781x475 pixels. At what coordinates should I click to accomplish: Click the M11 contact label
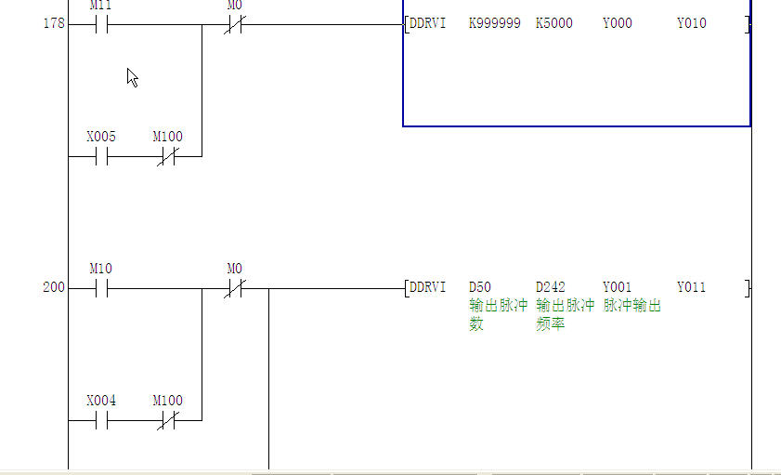[x=100, y=6]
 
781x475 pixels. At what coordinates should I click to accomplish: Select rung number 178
[x=54, y=23]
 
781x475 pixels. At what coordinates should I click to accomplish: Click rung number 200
[x=54, y=287]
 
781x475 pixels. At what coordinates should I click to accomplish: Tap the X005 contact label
[x=101, y=137]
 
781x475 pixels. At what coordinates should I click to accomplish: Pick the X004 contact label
[x=101, y=401]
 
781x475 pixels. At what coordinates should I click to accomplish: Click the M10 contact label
[x=100, y=269]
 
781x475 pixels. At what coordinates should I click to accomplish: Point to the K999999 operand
[x=495, y=23]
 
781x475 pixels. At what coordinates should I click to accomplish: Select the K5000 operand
[x=554, y=23]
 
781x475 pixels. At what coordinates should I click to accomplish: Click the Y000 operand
[x=618, y=23]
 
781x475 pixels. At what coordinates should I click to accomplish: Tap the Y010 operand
[x=691, y=23]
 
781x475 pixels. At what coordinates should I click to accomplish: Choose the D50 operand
[x=479, y=287]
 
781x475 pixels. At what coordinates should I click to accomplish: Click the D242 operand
[x=551, y=287]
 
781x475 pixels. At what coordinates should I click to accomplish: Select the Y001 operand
[x=618, y=287]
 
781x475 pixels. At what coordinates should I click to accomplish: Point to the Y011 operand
[x=691, y=287]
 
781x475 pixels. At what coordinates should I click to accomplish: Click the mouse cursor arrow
[x=132, y=77]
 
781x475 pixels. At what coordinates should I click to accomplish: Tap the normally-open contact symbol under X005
[x=101, y=157]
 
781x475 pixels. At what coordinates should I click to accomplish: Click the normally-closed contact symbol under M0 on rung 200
[x=235, y=288]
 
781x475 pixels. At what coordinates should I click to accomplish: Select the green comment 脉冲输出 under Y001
[x=631, y=306]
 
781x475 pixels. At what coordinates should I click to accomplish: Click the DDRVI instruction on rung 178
[x=428, y=23]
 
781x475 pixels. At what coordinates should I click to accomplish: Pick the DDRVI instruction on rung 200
[x=428, y=287]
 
